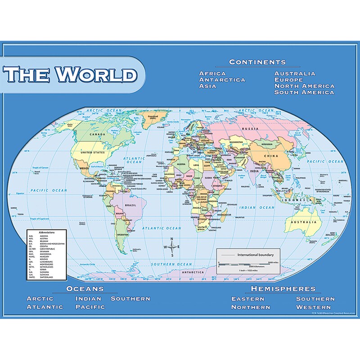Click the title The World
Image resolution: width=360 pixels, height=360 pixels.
(x=71, y=74)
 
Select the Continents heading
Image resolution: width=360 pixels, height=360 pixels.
(x=257, y=62)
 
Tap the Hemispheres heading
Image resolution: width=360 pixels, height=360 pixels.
(x=283, y=288)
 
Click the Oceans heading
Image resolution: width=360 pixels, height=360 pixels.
(x=85, y=288)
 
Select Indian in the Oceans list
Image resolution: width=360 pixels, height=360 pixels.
(x=88, y=298)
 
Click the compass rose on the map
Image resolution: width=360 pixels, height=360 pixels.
(x=172, y=247)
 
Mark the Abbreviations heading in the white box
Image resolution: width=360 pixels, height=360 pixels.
(x=44, y=232)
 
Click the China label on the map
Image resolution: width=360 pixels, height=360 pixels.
(x=267, y=157)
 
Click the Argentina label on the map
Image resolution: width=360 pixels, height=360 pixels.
(x=121, y=234)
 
